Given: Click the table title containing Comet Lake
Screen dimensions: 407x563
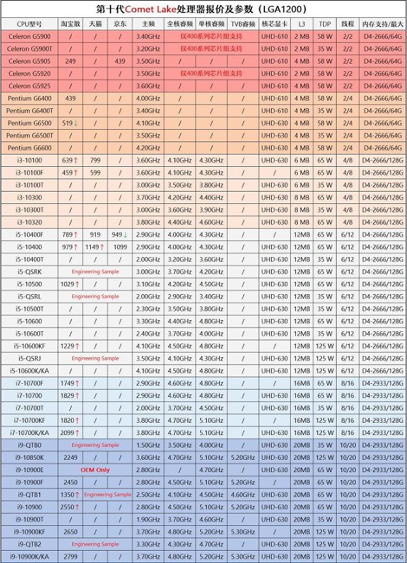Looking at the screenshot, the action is coord(203,9).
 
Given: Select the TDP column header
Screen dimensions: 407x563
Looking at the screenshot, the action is coord(324,24).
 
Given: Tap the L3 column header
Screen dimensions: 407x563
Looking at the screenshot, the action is coord(301,24).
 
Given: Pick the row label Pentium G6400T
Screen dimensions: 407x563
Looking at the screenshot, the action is coord(30,111).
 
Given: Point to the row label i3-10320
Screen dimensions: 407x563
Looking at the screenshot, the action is coord(30,222).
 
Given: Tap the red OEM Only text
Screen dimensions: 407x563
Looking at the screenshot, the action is coord(94,470).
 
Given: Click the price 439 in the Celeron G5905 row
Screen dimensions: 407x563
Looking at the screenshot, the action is coord(120,61).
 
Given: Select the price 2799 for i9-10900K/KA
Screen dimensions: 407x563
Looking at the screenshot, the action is coord(70,556).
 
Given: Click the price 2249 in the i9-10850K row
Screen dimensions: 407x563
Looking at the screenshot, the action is coord(70,457).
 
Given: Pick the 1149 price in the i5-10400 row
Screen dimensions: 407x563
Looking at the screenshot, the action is coord(93,247).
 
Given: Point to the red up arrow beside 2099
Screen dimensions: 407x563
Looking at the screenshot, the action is coord(78,433).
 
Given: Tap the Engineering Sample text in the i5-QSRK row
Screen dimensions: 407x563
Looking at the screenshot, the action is coord(95,272).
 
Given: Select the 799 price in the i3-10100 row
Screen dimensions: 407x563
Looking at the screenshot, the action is coord(95,160).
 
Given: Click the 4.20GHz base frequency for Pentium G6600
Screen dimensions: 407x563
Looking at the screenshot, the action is coord(148,148).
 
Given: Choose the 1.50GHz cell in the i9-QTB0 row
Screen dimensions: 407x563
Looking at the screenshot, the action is coord(148,445).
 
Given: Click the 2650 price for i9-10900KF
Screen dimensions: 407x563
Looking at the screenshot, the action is coord(70,531).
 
